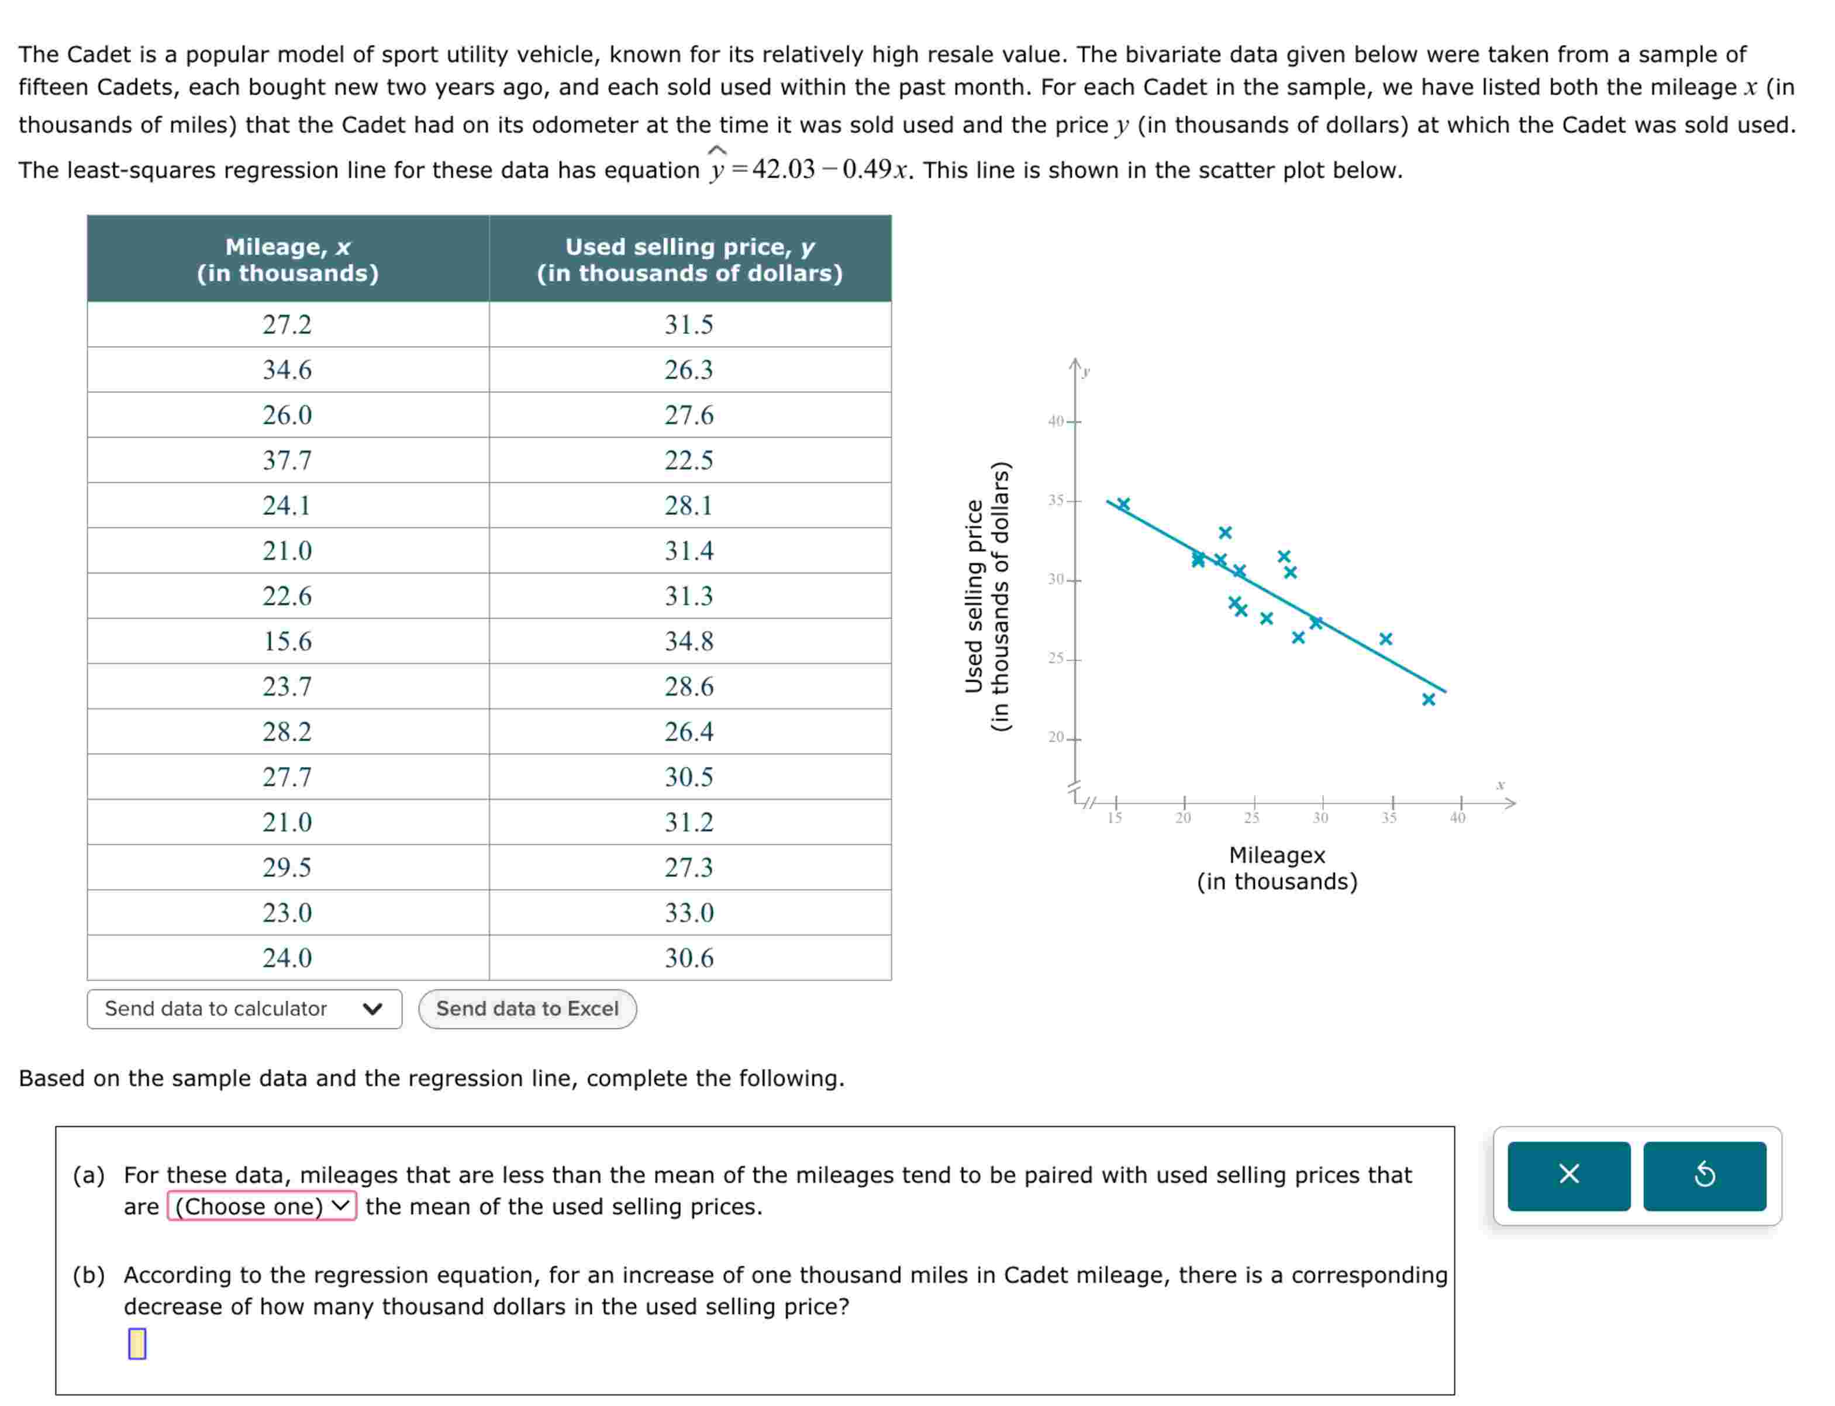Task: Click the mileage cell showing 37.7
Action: point(287,460)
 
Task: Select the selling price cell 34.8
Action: point(689,641)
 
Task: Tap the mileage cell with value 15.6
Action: point(287,641)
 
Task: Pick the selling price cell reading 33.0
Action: point(689,912)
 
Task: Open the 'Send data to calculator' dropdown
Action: point(244,1008)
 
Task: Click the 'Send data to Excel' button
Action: point(527,1008)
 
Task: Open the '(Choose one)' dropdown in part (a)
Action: point(262,1206)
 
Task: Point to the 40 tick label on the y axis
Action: point(1056,421)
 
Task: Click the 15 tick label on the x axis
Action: point(1114,818)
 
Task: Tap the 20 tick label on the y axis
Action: point(1056,737)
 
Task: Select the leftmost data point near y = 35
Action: point(1123,504)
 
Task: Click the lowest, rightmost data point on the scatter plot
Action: point(1428,699)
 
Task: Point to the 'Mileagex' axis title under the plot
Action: point(1277,855)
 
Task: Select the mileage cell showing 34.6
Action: point(287,370)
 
